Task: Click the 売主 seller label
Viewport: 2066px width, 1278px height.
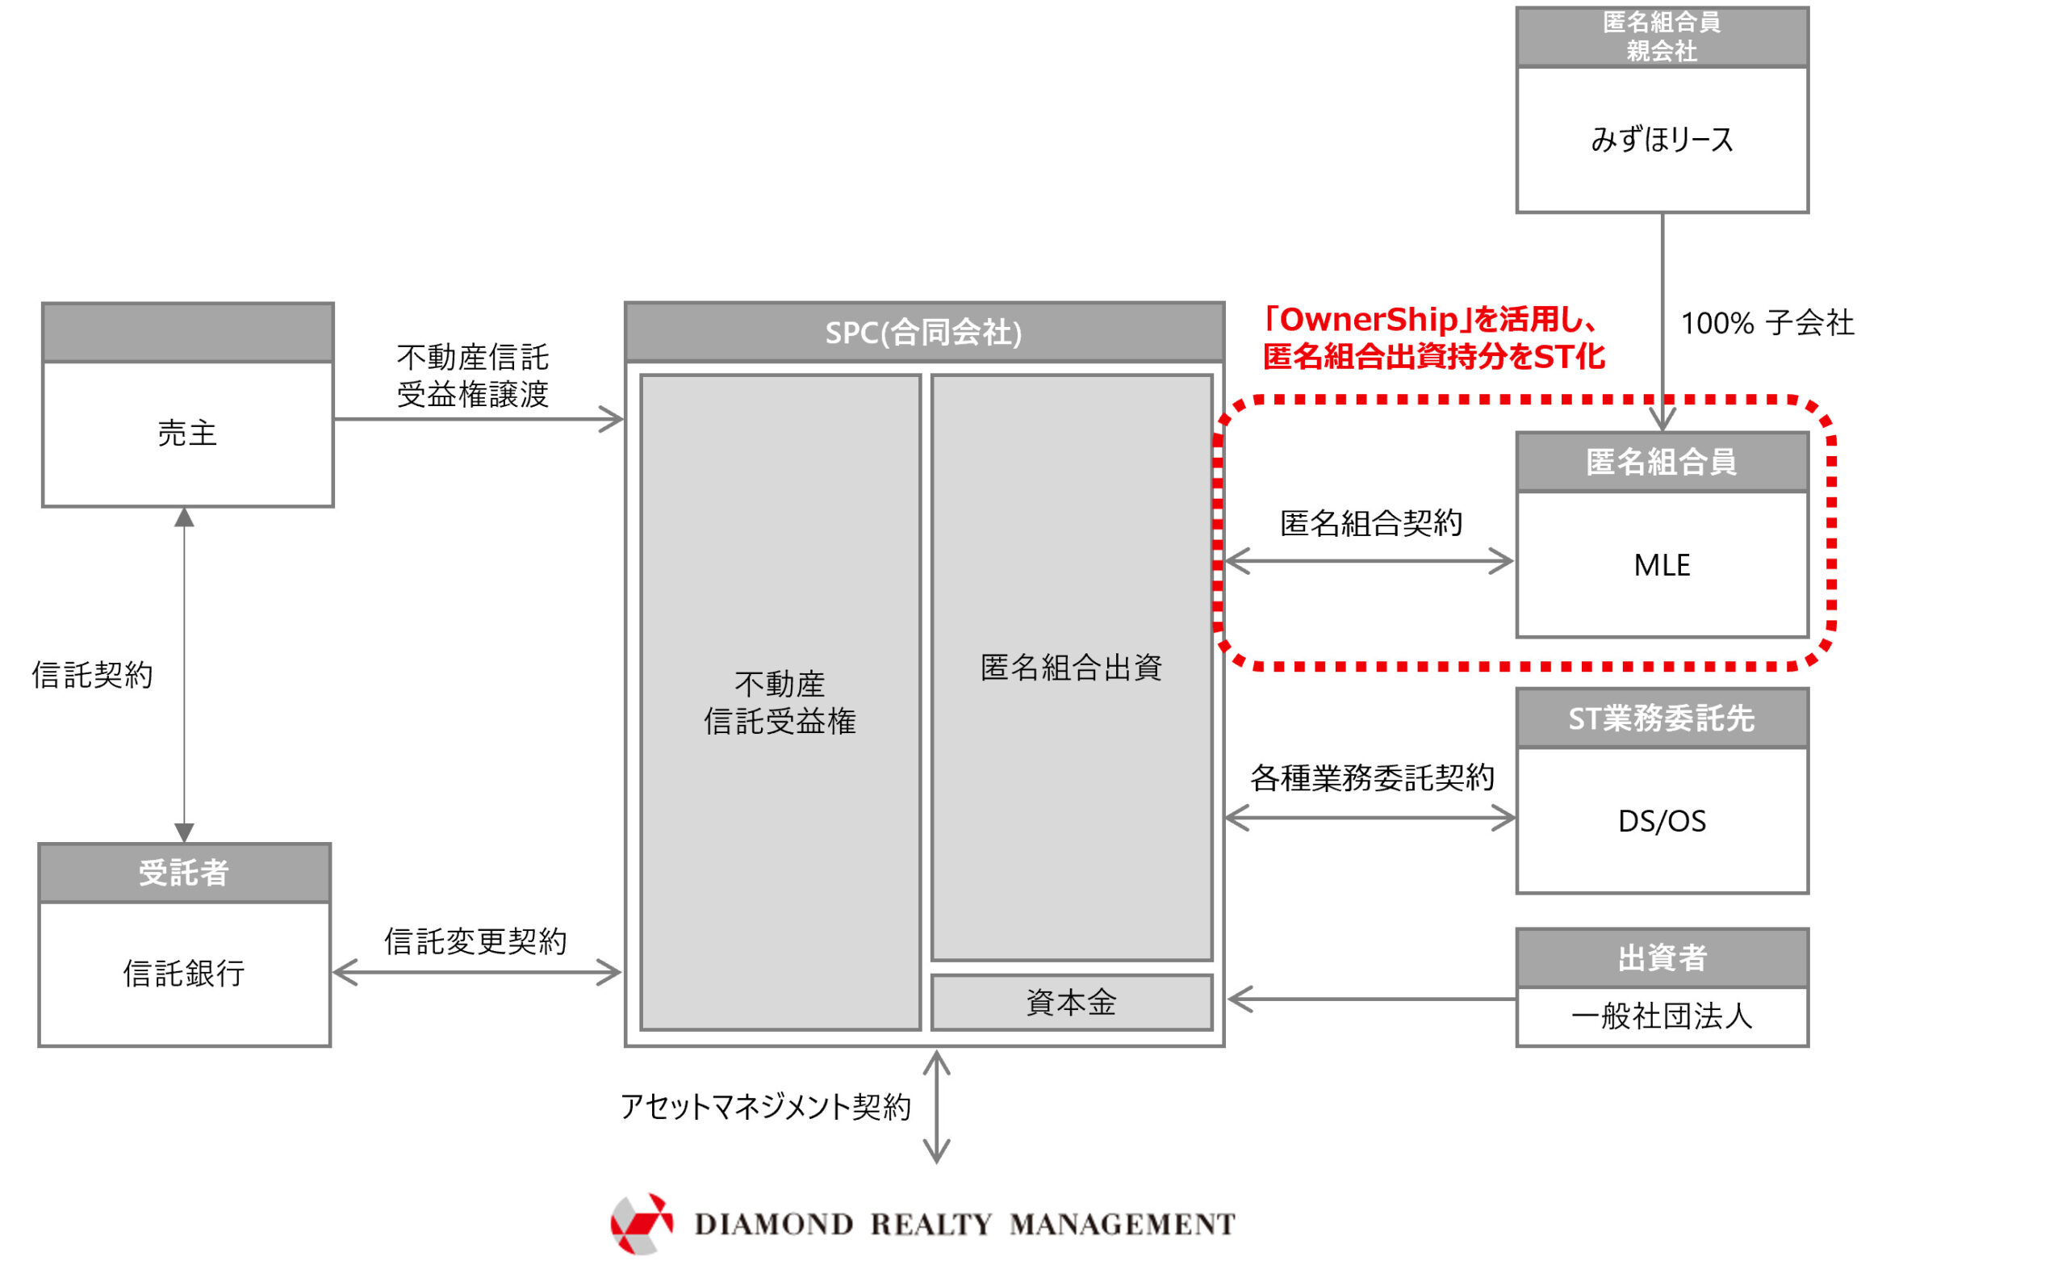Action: (x=187, y=434)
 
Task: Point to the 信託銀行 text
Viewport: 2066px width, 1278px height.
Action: (x=184, y=974)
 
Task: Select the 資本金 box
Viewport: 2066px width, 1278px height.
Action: (x=1071, y=1004)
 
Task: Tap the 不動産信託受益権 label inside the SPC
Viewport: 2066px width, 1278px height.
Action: (x=779, y=702)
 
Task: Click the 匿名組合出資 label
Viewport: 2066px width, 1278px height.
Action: (x=1071, y=668)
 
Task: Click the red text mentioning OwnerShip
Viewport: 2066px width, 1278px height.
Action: (x=1434, y=338)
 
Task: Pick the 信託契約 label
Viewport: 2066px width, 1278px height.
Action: (x=93, y=674)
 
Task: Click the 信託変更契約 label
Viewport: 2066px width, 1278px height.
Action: (x=475, y=941)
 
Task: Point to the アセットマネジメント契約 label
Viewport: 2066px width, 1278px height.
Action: (x=766, y=1106)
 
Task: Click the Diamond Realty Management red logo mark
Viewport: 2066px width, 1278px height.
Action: (x=642, y=1223)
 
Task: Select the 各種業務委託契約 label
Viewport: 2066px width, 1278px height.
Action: (x=1371, y=777)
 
